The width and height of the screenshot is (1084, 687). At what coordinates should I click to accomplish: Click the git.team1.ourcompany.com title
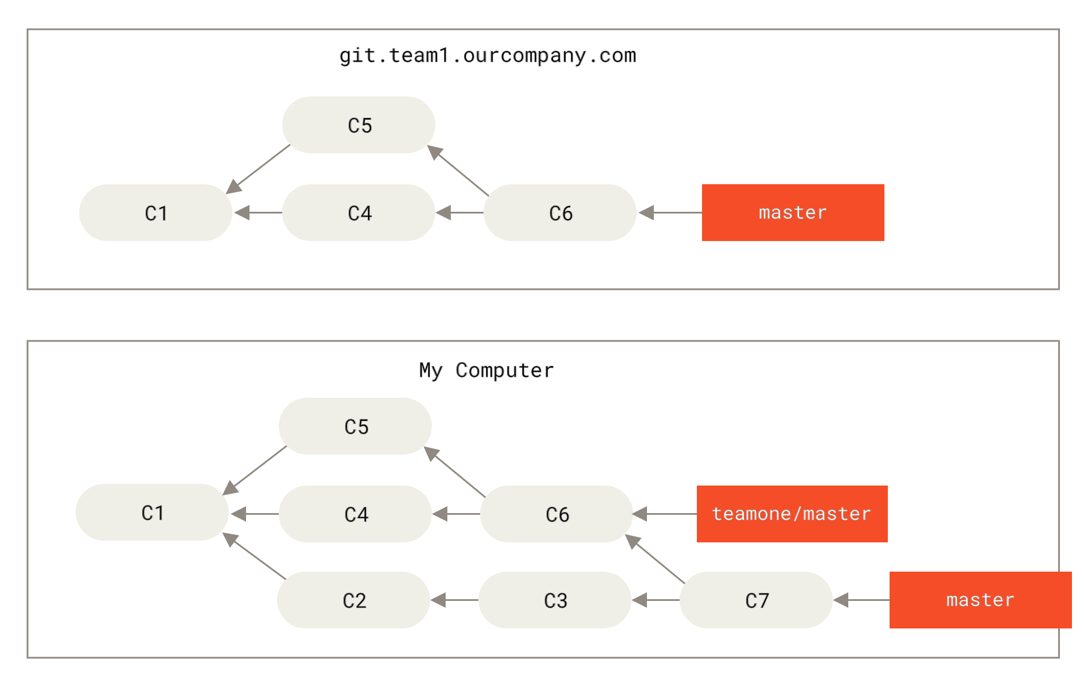(488, 56)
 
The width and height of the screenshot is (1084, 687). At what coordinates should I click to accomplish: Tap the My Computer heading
(486, 370)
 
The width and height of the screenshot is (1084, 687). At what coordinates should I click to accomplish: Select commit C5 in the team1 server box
(358, 125)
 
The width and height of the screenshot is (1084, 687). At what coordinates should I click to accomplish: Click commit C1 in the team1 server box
(155, 213)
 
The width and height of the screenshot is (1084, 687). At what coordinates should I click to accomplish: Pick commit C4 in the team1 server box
(358, 213)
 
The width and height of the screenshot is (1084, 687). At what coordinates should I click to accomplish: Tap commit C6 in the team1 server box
(560, 213)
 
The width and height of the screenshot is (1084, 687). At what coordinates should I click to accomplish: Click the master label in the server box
(793, 212)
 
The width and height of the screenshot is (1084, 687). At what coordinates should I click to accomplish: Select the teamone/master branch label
(791, 514)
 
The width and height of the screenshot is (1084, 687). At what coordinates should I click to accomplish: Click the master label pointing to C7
(980, 600)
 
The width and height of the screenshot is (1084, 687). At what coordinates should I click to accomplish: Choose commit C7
(756, 600)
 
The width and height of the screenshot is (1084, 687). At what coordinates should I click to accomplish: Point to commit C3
(555, 600)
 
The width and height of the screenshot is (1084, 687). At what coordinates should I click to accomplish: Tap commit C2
(353, 600)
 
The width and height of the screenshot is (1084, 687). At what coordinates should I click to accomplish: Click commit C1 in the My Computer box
(152, 513)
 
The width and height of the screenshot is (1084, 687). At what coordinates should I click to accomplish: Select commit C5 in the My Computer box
(355, 426)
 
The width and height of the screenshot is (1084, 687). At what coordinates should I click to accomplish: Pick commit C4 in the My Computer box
(355, 514)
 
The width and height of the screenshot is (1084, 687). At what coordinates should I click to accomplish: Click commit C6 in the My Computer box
(556, 514)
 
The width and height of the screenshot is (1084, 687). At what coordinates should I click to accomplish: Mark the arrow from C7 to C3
(656, 600)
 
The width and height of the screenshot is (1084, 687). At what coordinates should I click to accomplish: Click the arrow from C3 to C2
(454, 600)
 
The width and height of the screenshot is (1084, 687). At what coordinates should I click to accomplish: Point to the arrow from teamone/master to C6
(665, 514)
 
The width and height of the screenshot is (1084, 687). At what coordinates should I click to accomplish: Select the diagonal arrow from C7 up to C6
(655, 559)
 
